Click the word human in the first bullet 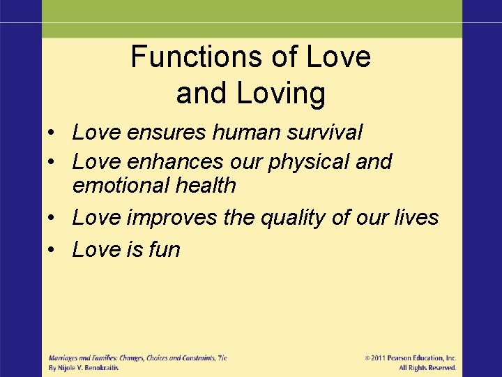[x=235, y=132]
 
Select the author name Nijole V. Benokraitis [x=84, y=367]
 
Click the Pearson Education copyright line [x=411, y=357]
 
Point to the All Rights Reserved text [x=427, y=367]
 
